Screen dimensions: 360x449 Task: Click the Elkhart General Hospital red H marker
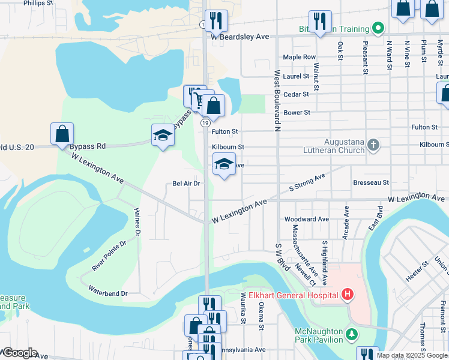click(x=347, y=294)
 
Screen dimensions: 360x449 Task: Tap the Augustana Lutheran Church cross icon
click(x=373, y=145)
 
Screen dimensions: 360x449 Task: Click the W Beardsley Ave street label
click(x=240, y=37)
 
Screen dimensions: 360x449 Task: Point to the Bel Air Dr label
click(x=185, y=184)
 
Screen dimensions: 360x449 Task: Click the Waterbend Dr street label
click(x=108, y=293)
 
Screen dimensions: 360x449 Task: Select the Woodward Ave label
click(x=307, y=220)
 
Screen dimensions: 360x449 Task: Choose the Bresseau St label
click(x=371, y=182)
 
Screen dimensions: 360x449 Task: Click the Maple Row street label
click(x=299, y=57)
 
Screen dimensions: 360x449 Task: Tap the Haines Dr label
click(x=137, y=221)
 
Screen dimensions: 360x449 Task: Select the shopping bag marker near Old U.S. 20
click(x=62, y=134)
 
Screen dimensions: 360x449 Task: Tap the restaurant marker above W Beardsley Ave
click(x=216, y=21)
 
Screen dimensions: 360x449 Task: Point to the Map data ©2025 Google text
click(x=412, y=355)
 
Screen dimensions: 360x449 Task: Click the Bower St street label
click(x=297, y=112)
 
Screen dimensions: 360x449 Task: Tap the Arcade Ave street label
click(x=346, y=223)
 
